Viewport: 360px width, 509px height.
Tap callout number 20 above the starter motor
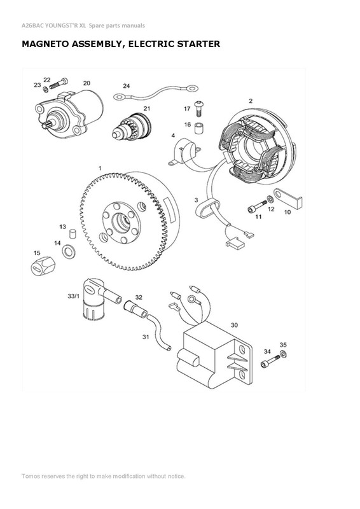pyautogui.click(x=87, y=83)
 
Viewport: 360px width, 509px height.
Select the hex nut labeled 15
pyautogui.click(x=41, y=265)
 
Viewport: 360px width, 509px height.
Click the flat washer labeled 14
pyautogui.click(x=67, y=254)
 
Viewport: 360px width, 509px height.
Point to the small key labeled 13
pyautogui.click(x=73, y=234)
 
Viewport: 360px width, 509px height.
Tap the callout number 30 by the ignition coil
pyautogui.click(x=234, y=325)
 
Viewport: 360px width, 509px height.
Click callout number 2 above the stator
pyautogui.click(x=251, y=101)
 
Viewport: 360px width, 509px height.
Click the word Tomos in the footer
pyautogui.click(x=32, y=476)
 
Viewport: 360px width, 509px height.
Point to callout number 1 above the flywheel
pyautogui.click(x=99, y=167)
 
